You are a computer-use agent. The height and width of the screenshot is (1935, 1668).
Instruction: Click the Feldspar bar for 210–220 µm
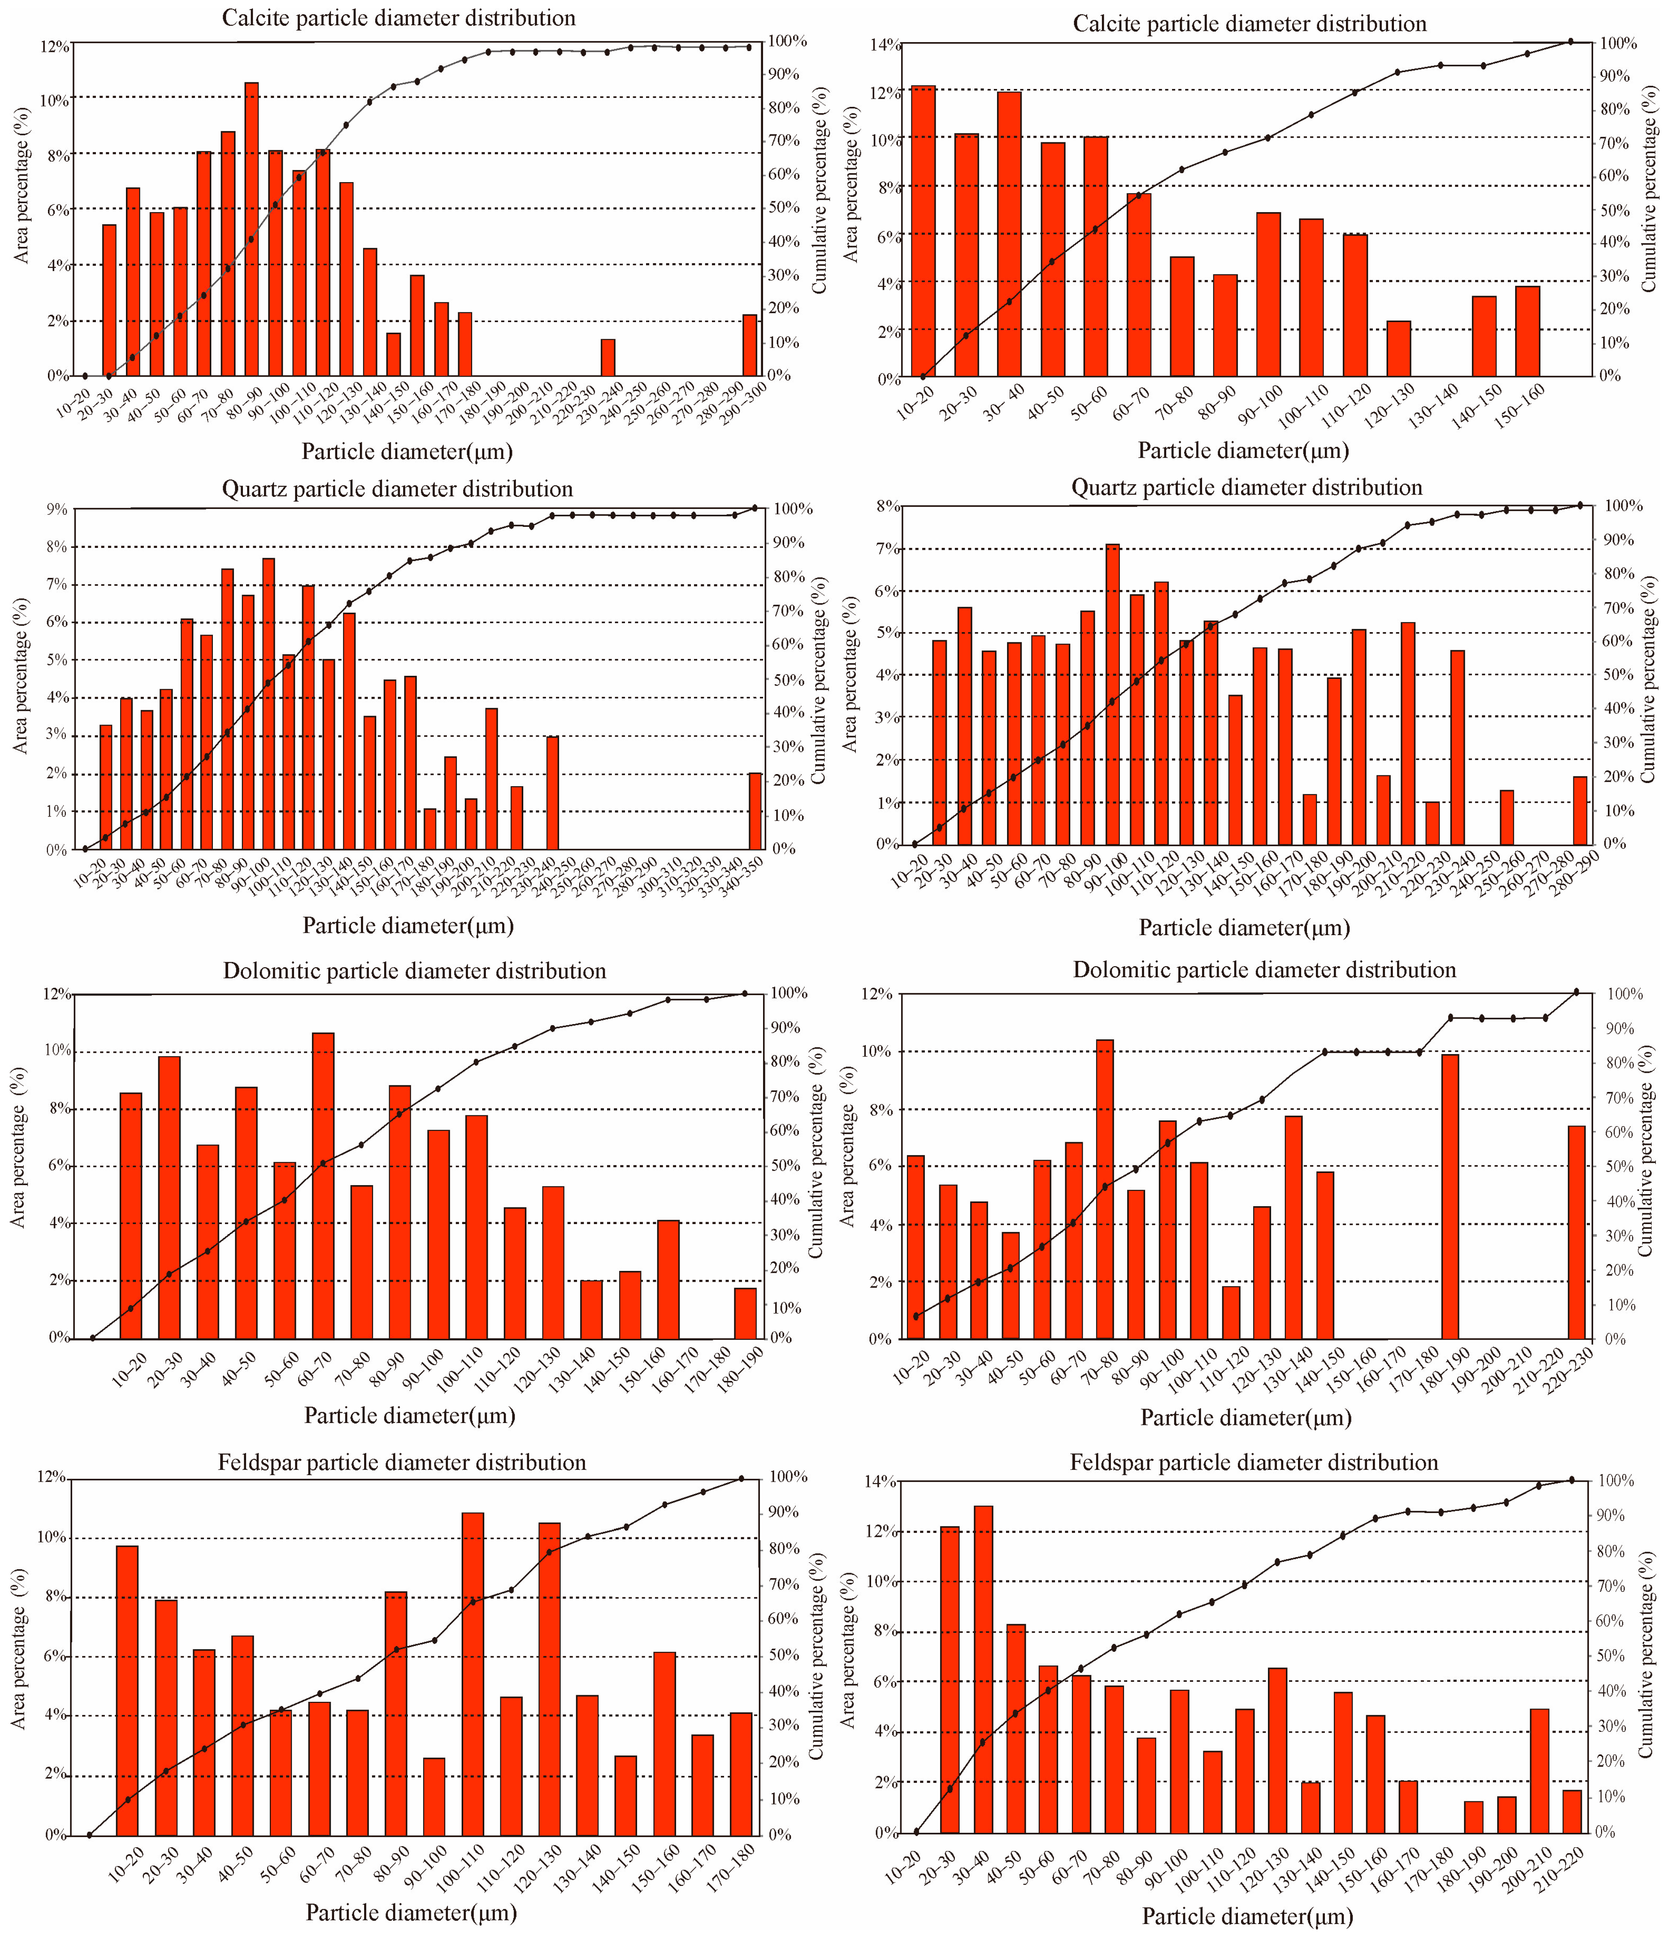coord(1572,1812)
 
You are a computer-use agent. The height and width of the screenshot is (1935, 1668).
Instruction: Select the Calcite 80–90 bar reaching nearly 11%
coord(251,229)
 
